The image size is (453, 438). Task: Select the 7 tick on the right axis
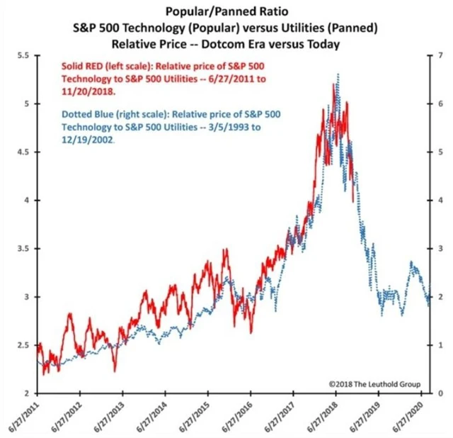coord(440,55)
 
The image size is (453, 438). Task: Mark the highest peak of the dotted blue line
coord(338,74)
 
